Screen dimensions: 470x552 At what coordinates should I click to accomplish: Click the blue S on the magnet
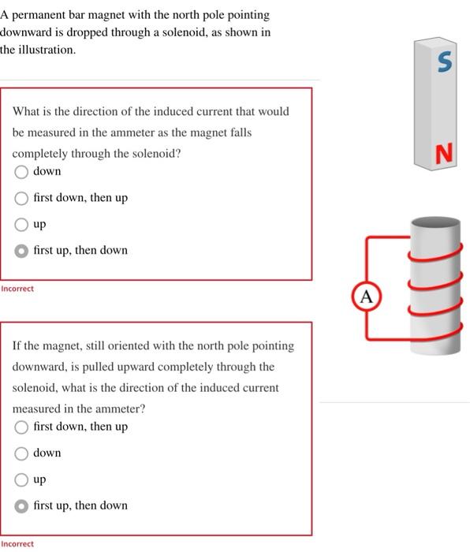coord(445,62)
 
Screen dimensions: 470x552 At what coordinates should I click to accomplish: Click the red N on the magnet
coord(444,153)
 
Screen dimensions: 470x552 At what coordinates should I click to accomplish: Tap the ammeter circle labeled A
coord(367,297)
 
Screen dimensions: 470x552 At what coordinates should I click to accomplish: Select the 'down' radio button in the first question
coord(21,172)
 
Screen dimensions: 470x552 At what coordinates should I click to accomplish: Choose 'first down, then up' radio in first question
coord(21,198)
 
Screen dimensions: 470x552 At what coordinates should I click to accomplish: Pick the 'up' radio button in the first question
coord(21,225)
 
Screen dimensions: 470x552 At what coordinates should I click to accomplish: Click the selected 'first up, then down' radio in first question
coord(21,251)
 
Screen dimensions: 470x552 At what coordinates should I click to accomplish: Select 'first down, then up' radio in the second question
coord(21,427)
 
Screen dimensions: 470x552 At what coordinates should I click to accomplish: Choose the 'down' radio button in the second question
coord(21,453)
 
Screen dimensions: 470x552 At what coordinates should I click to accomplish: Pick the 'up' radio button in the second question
coord(21,479)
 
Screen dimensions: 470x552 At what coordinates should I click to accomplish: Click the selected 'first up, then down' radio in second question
coord(21,506)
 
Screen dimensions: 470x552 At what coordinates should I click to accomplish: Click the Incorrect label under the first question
coord(17,289)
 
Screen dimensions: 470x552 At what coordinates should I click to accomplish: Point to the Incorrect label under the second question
coord(17,544)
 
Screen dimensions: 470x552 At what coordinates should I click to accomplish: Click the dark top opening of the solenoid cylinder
coord(435,223)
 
